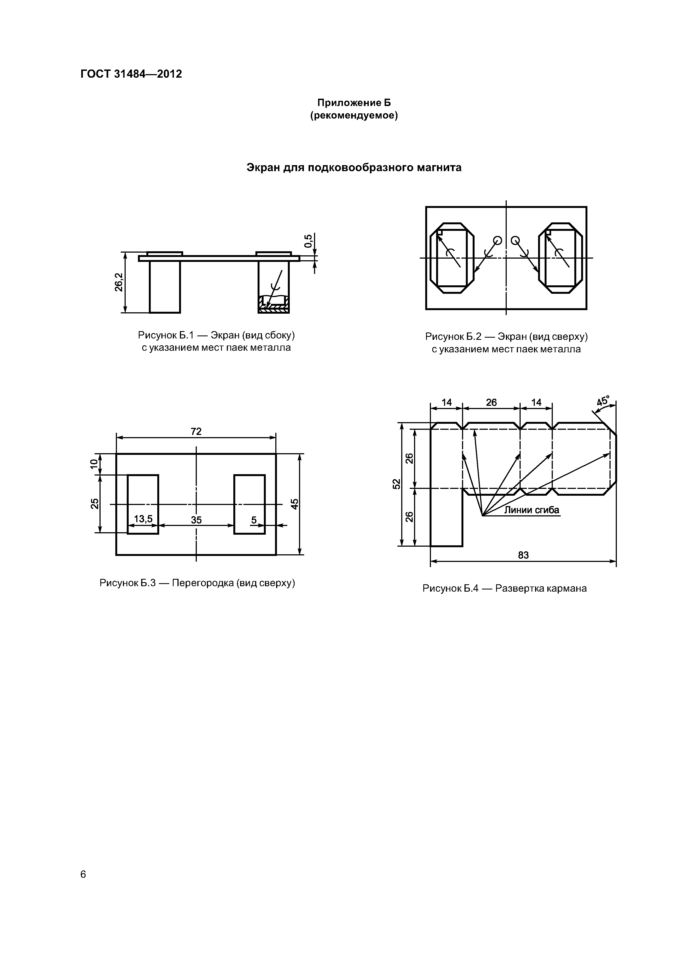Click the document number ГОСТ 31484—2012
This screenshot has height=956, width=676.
(x=131, y=74)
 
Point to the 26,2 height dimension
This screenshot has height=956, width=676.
(x=119, y=282)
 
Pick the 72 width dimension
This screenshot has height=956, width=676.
(x=196, y=431)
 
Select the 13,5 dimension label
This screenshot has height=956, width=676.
(x=143, y=519)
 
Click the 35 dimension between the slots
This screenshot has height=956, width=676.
(x=196, y=520)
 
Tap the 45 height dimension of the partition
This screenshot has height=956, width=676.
(x=294, y=504)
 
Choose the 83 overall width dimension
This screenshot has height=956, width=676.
(x=523, y=555)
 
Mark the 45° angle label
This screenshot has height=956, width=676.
(x=603, y=401)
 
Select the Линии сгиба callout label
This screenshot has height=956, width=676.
(x=532, y=510)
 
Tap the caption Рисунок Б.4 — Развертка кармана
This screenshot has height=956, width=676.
(x=504, y=588)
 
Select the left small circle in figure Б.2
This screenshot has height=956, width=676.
(x=497, y=240)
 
